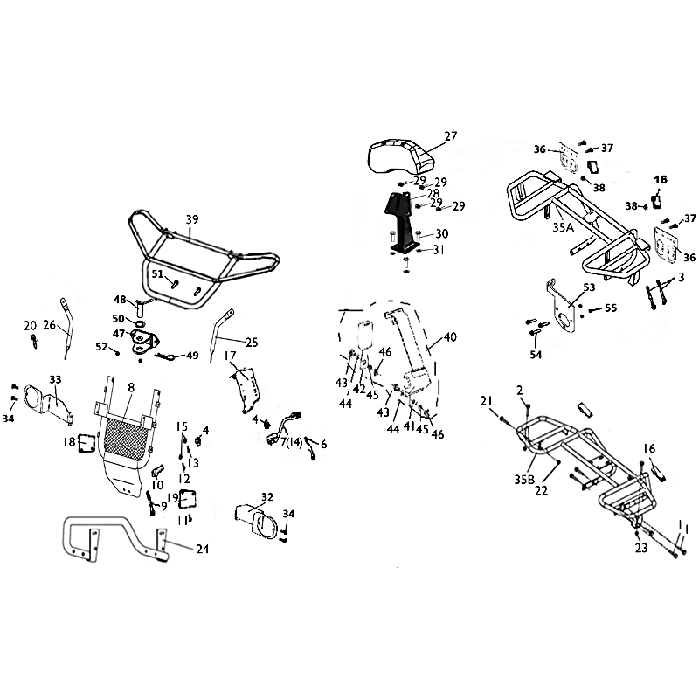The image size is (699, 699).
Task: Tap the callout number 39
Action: tap(192, 218)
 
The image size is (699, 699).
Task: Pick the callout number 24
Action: tap(203, 550)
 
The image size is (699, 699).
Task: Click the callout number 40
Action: tap(451, 336)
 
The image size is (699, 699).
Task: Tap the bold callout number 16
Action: tap(661, 179)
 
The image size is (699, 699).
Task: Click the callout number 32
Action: tap(267, 495)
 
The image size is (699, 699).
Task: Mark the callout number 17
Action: tap(231, 356)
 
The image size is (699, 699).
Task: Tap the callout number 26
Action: tap(49, 325)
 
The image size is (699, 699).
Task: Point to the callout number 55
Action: tap(611, 308)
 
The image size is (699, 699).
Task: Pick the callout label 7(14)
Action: tap(291, 443)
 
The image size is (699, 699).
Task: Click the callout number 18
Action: tap(69, 443)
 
